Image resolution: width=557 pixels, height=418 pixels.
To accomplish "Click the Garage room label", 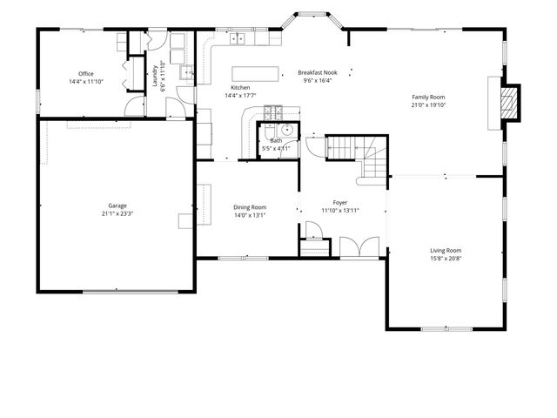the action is point(117,206).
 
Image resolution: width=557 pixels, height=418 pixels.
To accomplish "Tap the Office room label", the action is point(86,73).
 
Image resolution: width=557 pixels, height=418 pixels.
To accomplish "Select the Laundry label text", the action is point(155,76).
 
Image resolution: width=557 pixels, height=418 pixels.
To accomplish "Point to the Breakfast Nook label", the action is point(318,72).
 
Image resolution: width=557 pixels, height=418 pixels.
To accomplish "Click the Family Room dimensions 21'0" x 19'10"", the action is point(428,104).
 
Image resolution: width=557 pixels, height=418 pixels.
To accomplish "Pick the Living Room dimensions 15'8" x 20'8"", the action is point(446,259).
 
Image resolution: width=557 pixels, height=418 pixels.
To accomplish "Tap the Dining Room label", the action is point(250,207).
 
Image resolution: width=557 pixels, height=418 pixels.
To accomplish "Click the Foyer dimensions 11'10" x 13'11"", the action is point(340,211).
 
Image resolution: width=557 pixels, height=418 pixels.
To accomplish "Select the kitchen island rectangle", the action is point(255,73).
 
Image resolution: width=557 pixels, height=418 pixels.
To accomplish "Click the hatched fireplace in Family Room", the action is point(508,103).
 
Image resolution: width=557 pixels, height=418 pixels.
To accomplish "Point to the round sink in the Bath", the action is point(287,130).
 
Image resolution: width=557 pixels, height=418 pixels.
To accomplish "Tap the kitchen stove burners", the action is point(272,112).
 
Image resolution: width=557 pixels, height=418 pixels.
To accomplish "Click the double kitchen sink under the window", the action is point(238,38).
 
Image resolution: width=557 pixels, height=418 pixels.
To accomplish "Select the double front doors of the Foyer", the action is point(359,246).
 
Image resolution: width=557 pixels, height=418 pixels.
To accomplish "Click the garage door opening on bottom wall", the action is point(131,293).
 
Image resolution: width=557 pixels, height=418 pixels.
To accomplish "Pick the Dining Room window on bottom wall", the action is point(244,258).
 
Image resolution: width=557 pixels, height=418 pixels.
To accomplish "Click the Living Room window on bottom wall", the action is point(446,329).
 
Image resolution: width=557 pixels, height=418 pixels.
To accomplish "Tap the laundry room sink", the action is point(186,73).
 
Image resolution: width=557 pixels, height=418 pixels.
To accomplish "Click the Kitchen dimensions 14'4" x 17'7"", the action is point(240,95).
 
